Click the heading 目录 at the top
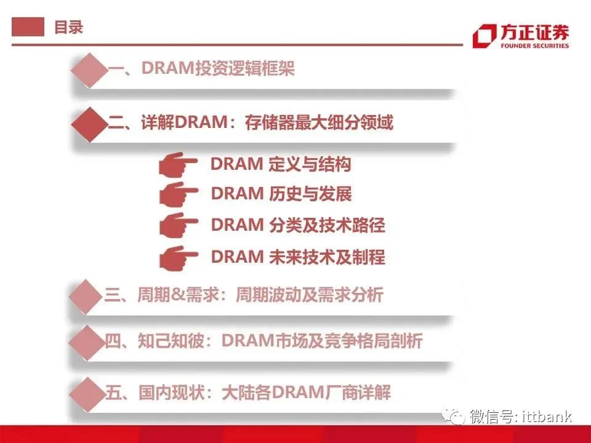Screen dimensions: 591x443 coord(68,27)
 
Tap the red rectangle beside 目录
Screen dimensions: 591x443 coord(28,26)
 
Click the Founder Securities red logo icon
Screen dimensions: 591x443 coord(484,36)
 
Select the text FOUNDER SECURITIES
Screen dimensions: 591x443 coord(534,46)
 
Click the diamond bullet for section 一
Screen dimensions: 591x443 coord(89,70)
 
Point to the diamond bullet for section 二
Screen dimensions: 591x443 coord(89,124)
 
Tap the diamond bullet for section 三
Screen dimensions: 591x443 coord(86,297)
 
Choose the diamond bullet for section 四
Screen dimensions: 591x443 coord(87,343)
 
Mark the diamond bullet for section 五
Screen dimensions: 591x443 coord(87,394)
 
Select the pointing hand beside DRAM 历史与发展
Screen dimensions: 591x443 coord(178,194)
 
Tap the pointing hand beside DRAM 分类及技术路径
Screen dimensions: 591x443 coord(178,225)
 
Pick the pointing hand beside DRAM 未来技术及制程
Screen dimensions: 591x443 coord(178,258)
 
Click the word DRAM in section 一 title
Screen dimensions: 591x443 coord(168,68)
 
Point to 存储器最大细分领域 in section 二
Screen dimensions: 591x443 coord(319,122)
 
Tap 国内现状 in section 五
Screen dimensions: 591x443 coord(172,393)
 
